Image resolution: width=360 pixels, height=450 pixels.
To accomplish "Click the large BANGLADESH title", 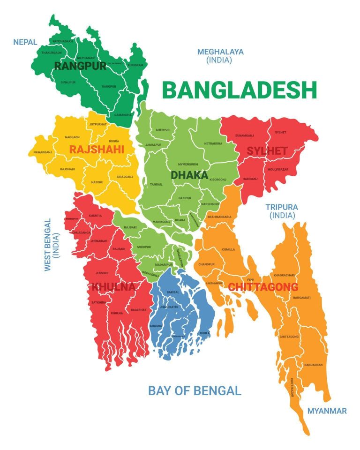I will (240, 90).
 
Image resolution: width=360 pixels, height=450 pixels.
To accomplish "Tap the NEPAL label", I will (25, 42).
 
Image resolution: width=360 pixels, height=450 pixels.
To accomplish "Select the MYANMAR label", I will (327, 411).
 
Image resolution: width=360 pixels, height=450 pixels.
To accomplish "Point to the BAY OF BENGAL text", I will (195, 390).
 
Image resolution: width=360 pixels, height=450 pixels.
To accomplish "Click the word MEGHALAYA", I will (220, 52).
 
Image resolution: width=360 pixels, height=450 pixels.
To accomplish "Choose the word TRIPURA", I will (282, 207).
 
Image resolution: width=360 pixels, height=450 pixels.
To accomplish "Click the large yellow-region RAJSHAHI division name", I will (97, 150).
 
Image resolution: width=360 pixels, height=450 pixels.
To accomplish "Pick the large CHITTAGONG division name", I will (263, 287).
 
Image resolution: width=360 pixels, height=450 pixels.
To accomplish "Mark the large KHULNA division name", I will (113, 286).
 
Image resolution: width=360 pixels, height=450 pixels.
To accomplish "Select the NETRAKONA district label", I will (213, 143).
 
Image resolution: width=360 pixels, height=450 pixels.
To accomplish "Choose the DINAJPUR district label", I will (68, 82).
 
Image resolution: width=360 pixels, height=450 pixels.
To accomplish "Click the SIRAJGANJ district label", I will (125, 177).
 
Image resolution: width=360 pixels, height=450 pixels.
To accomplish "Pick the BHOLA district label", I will (205, 332).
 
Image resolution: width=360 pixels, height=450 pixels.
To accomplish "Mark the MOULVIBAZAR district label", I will (278, 169).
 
